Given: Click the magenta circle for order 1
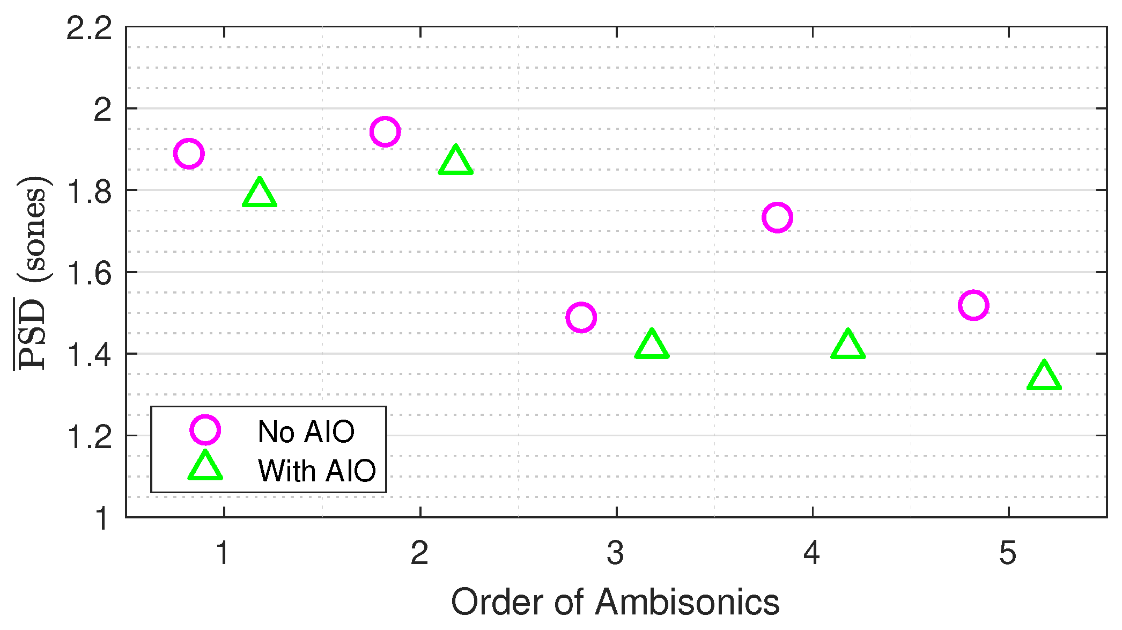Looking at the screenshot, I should [189, 154].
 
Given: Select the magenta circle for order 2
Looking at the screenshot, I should [385, 131].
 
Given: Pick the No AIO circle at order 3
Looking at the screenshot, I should [581, 317].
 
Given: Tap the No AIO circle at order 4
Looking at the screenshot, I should [777, 217].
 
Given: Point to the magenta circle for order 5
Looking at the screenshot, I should [973, 305].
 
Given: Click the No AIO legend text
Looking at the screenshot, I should [306, 431].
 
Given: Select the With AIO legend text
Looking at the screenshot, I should [317, 471].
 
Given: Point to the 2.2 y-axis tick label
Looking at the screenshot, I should [89, 28].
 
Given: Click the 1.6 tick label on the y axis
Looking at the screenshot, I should [89, 273].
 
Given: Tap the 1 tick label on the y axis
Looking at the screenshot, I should [102, 518].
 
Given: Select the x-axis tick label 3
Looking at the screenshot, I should [616, 553].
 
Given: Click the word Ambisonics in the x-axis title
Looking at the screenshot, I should [688, 602].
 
